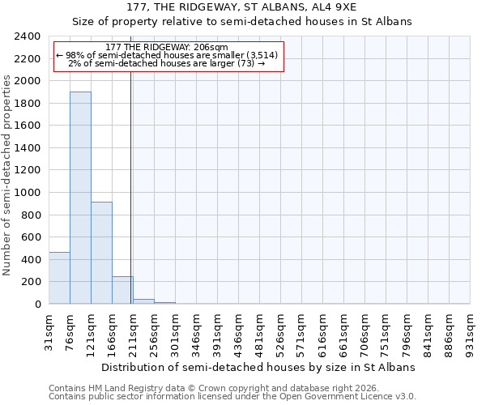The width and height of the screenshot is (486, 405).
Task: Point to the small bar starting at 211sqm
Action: pyautogui.click(x=143, y=301)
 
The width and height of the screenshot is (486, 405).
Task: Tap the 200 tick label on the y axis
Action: pyautogui.click(x=32, y=282)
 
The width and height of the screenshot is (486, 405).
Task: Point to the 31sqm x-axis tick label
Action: pyautogui.click(x=49, y=330)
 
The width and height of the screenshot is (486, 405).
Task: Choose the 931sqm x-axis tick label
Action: pyautogui.click(x=471, y=330)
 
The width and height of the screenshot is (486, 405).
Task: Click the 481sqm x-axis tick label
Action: pyautogui.click(x=260, y=330)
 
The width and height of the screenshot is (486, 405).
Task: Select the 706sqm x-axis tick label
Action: pyautogui.click(x=365, y=330)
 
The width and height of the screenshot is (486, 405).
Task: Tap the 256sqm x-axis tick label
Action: pyautogui.click(x=155, y=330)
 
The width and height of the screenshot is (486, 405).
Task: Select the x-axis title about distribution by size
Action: pyautogui.click(x=259, y=367)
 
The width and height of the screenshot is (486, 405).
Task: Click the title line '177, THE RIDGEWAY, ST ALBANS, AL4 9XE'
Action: pyautogui.click(x=242, y=7)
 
